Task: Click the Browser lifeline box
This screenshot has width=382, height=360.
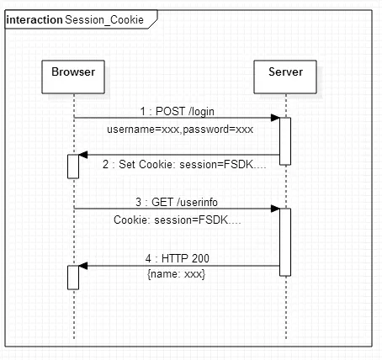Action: click(x=73, y=77)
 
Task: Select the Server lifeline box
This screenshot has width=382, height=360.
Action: click(x=285, y=77)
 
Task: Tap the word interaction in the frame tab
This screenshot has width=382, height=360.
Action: click(x=34, y=20)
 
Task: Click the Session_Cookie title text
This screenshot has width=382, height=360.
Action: click(x=104, y=20)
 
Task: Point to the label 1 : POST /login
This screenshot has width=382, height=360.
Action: click(x=178, y=111)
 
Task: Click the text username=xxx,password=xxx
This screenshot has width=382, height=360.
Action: click(x=180, y=130)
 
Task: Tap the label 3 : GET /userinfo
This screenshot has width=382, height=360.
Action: click(x=177, y=202)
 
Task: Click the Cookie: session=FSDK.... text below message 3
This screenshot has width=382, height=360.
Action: click(x=178, y=220)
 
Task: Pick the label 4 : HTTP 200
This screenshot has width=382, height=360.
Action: click(x=178, y=258)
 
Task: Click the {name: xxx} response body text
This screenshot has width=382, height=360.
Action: click(x=176, y=274)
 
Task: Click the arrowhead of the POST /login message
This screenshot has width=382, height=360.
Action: click(x=275, y=118)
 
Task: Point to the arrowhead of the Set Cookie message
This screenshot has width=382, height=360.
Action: click(x=83, y=155)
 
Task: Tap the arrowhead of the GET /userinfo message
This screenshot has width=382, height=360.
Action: click(x=275, y=209)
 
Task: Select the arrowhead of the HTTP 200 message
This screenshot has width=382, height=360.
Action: click(x=83, y=266)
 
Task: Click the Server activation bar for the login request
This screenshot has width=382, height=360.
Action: click(x=285, y=141)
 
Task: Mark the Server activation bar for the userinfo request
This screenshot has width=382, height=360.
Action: click(x=285, y=242)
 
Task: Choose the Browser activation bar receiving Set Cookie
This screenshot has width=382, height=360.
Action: click(x=73, y=167)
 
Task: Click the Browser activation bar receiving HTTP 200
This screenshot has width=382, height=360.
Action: click(x=73, y=278)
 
